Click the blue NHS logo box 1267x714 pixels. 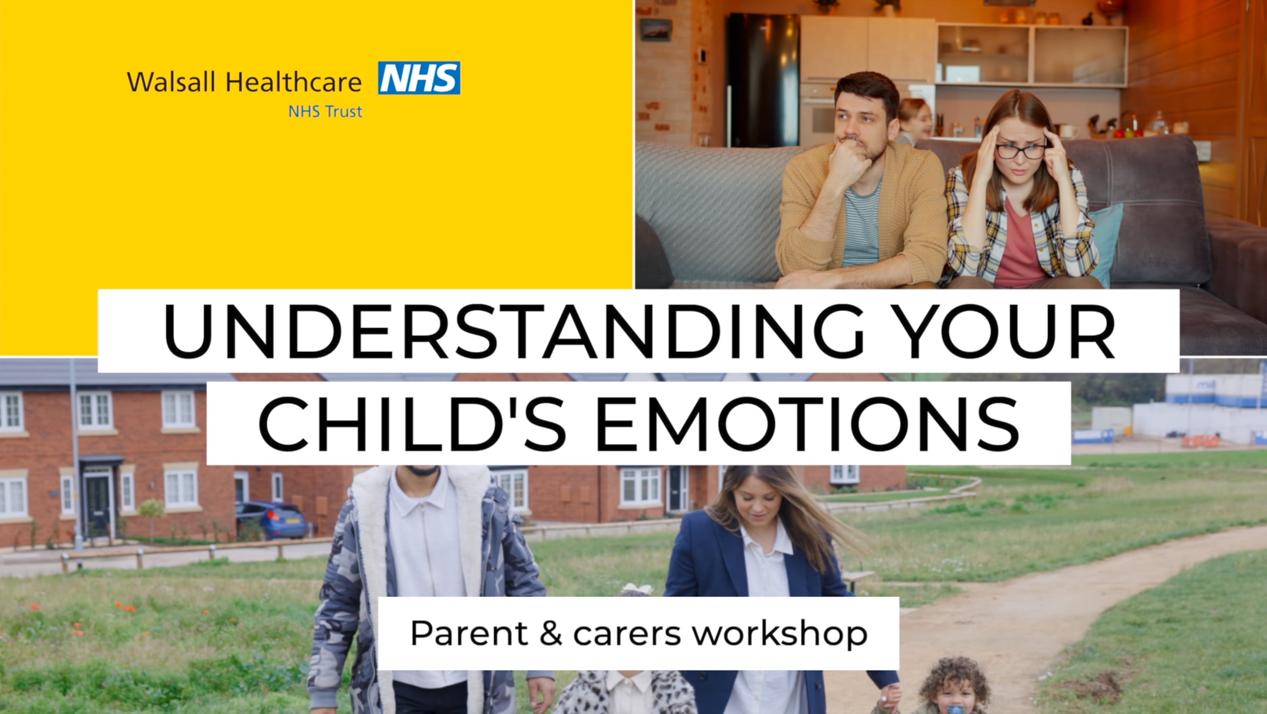click(x=419, y=78)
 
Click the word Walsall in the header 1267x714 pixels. click(x=172, y=82)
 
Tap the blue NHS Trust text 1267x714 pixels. click(x=325, y=111)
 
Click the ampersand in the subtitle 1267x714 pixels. click(x=551, y=633)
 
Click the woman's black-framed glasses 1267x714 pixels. click(x=1020, y=151)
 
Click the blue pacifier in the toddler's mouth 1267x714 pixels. click(x=956, y=709)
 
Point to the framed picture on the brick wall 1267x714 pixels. click(x=656, y=29)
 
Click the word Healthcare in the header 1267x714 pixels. click(x=294, y=82)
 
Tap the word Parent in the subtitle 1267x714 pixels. click(x=469, y=633)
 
